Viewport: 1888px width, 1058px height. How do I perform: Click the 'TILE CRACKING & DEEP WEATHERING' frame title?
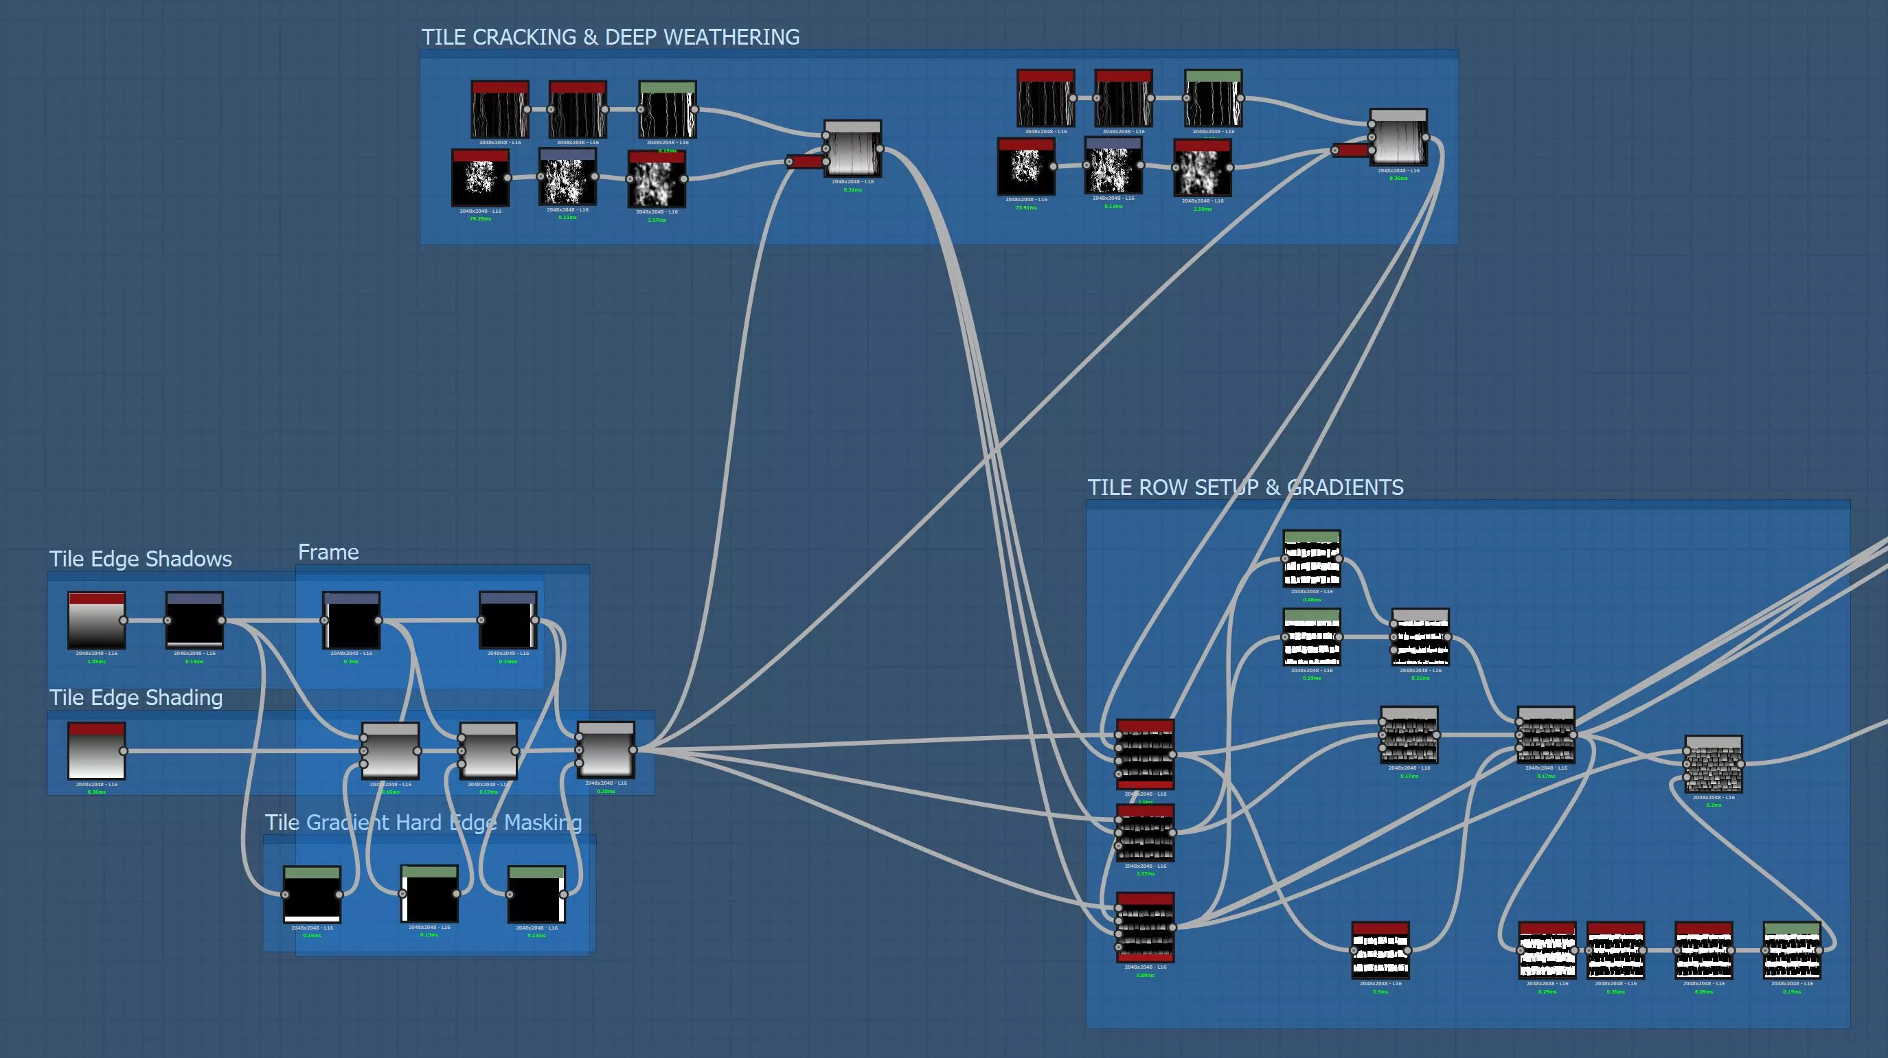click(x=610, y=36)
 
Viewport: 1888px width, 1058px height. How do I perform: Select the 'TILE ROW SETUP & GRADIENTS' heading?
click(x=1244, y=487)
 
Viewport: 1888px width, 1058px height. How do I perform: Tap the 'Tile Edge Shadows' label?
click(x=140, y=559)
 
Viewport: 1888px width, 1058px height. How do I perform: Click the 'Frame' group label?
click(x=328, y=552)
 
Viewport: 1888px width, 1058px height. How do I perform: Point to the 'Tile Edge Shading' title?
click(x=135, y=698)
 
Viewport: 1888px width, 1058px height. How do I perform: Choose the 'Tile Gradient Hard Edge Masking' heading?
click(x=423, y=822)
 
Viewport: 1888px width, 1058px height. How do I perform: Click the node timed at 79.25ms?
click(x=480, y=178)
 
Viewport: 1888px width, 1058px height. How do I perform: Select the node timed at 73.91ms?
click(x=1025, y=168)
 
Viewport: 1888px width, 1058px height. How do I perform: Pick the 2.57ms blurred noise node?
click(x=657, y=179)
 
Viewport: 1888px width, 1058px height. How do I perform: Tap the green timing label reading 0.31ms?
click(x=852, y=189)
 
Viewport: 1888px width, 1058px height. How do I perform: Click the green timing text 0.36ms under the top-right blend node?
click(x=1398, y=178)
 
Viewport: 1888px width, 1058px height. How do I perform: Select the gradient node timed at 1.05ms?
click(x=96, y=621)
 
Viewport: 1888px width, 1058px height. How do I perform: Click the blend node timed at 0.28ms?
click(x=605, y=750)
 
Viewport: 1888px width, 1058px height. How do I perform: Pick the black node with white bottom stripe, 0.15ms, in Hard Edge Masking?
click(x=312, y=895)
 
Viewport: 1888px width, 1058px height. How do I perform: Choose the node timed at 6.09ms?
click(x=1703, y=950)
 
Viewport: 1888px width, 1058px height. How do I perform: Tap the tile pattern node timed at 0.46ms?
click(x=1311, y=559)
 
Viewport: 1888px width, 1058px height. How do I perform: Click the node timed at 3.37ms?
click(x=1145, y=833)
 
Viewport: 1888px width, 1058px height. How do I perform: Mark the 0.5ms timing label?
click(x=1380, y=992)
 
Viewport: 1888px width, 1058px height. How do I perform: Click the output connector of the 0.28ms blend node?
click(x=633, y=750)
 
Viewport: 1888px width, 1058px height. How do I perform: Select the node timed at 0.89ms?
click(x=1145, y=928)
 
